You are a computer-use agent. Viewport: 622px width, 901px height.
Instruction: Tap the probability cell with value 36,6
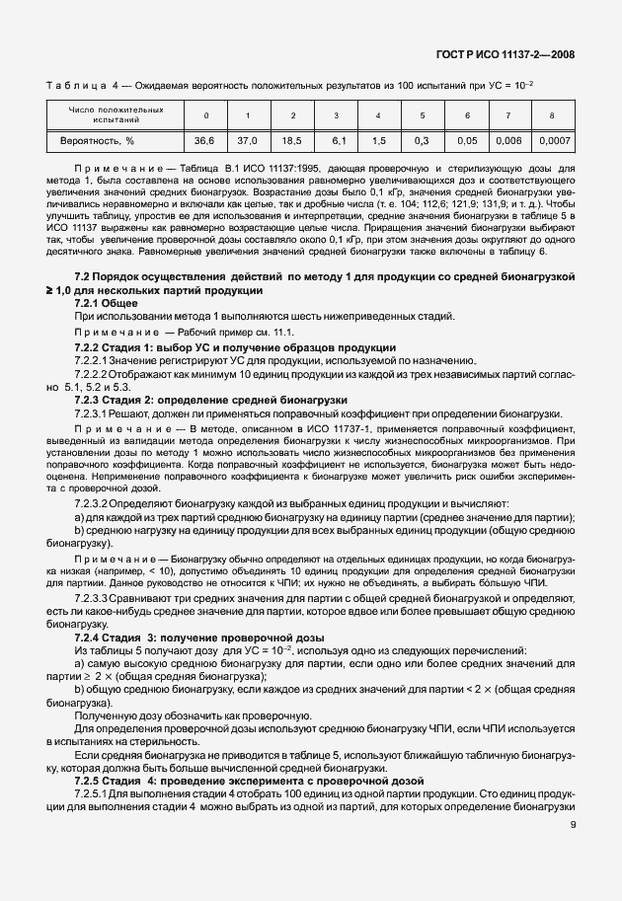[x=205, y=141]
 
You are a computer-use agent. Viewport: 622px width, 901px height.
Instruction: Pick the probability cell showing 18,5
[x=292, y=141]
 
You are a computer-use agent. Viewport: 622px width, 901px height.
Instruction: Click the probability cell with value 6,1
[x=337, y=141]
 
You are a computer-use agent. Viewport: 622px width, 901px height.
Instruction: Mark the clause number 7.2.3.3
[x=93, y=600]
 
